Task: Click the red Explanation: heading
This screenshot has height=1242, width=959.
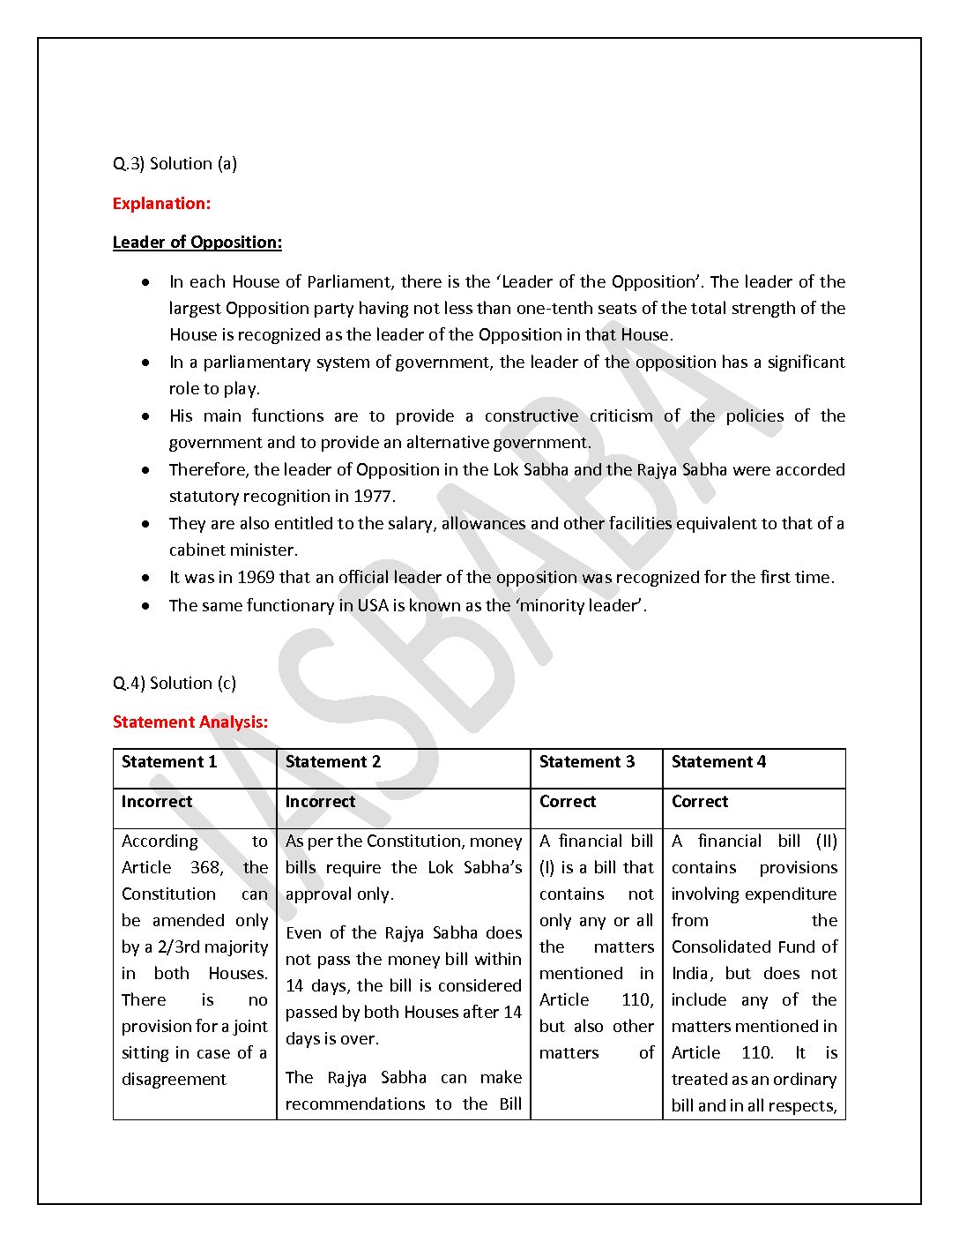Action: pos(161,204)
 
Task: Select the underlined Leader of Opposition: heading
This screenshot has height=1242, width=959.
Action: pos(197,243)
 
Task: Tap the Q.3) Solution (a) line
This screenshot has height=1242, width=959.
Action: pos(175,164)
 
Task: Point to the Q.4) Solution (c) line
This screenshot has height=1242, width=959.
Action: pos(175,684)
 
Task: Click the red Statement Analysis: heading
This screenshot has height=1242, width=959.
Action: pos(190,722)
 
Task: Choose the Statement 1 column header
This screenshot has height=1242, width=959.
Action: pos(169,762)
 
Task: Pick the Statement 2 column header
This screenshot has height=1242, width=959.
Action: pos(333,762)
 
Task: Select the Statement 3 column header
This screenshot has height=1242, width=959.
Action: pos(587,762)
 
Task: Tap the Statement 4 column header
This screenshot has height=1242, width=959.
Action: pos(718,762)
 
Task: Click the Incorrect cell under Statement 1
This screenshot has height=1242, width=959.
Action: pos(157,802)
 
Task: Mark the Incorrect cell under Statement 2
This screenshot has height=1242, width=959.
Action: pos(320,802)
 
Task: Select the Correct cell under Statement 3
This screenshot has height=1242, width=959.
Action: pos(568,802)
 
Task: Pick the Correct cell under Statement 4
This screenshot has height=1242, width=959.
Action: pos(700,802)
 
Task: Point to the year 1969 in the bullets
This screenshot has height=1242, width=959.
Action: pos(256,578)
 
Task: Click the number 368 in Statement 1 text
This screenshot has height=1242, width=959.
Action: pos(206,868)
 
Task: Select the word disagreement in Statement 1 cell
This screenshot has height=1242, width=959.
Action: pos(174,1080)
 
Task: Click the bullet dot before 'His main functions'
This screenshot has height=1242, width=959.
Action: pos(145,416)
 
